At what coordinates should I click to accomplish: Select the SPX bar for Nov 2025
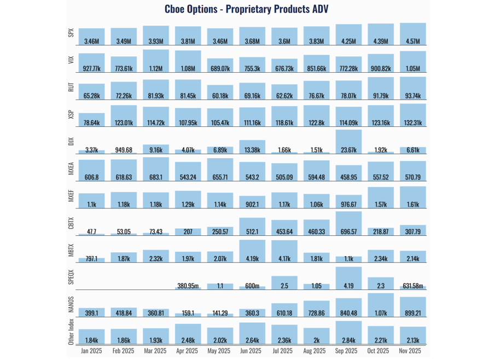413,33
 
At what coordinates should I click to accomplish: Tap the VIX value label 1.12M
156,68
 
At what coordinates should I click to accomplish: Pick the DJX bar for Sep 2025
348,141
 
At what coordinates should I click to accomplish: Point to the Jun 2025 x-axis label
252,351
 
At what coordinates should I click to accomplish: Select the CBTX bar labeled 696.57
348,223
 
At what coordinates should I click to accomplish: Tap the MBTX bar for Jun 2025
252,251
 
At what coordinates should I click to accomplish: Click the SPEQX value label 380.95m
188,286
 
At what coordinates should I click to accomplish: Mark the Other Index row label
71,333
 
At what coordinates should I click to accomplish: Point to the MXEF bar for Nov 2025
413,197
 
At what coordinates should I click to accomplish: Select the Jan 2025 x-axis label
91,351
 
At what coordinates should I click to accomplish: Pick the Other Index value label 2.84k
348,340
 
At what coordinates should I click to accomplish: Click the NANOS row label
71,304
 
